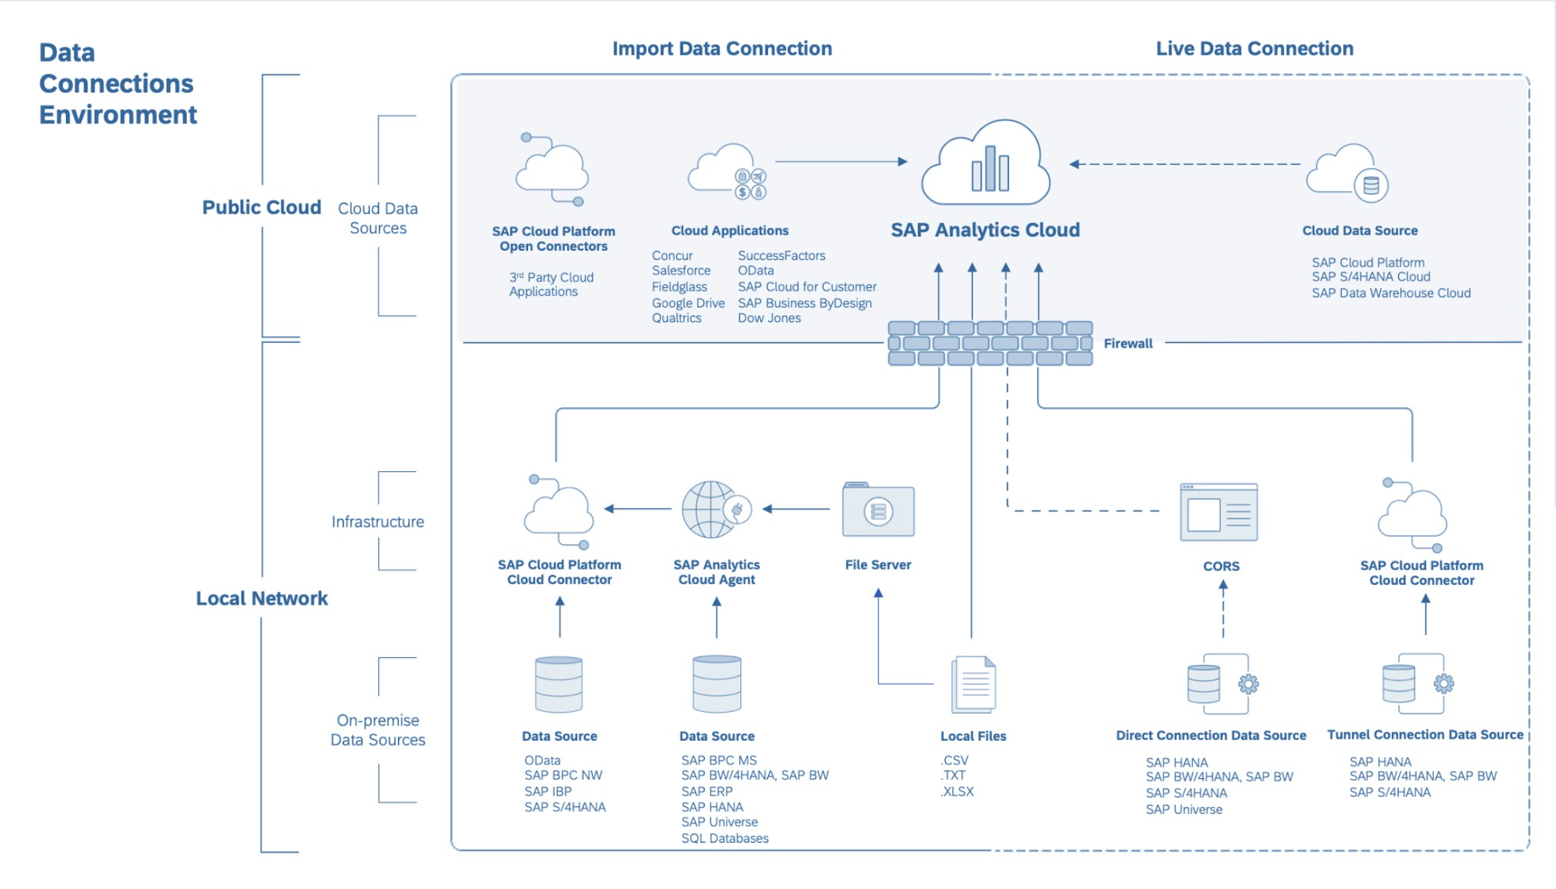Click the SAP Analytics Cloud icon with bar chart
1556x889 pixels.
point(986,163)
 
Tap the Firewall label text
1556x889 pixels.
point(1127,343)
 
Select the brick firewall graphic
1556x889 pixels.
point(990,343)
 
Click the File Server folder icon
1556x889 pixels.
point(878,511)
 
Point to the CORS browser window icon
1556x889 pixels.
point(1219,512)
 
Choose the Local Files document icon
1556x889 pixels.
point(973,684)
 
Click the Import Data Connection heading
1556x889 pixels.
point(722,49)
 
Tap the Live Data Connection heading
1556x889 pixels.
point(1254,49)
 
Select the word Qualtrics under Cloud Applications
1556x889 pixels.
point(676,318)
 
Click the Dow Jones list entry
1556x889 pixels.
point(769,318)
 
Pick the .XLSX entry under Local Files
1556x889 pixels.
point(957,792)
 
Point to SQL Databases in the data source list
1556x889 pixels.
point(725,838)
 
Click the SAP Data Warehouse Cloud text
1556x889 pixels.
point(1390,293)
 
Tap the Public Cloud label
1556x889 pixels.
point(261,207)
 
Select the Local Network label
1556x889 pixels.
point(261,599)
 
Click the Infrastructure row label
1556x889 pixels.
point(378,522)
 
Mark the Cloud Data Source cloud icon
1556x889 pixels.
point(1347,173)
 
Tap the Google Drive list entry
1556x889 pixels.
point(688,303)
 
